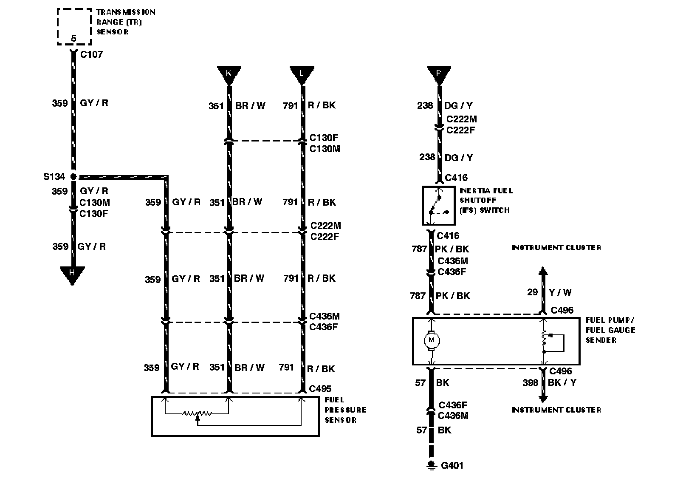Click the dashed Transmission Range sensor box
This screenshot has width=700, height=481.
point(74,26)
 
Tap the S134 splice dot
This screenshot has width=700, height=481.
point(73,176)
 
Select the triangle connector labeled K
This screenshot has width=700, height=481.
point(229,75)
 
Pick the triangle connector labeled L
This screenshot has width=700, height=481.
point(302,75)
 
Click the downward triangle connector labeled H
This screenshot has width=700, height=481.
point(72,274)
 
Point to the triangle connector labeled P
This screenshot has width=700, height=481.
point(439,75)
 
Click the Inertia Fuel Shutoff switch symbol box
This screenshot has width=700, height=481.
point(438,206)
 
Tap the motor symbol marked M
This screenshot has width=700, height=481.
point(432,340)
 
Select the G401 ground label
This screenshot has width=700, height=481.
point(452,465)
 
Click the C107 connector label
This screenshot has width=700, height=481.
point(91,54)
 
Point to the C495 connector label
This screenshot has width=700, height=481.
point(320,388)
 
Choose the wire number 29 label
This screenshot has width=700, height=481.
point(532,292)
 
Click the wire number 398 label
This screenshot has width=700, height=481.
point(531,383)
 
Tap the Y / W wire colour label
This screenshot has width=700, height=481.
point(560,292)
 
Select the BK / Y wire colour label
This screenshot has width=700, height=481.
point(562,382)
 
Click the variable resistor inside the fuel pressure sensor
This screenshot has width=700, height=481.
point(197,413)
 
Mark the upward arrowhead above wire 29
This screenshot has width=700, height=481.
point(543,272)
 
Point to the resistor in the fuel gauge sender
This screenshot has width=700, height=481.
point(544,338)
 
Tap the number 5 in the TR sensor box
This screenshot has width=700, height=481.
point(73,39)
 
